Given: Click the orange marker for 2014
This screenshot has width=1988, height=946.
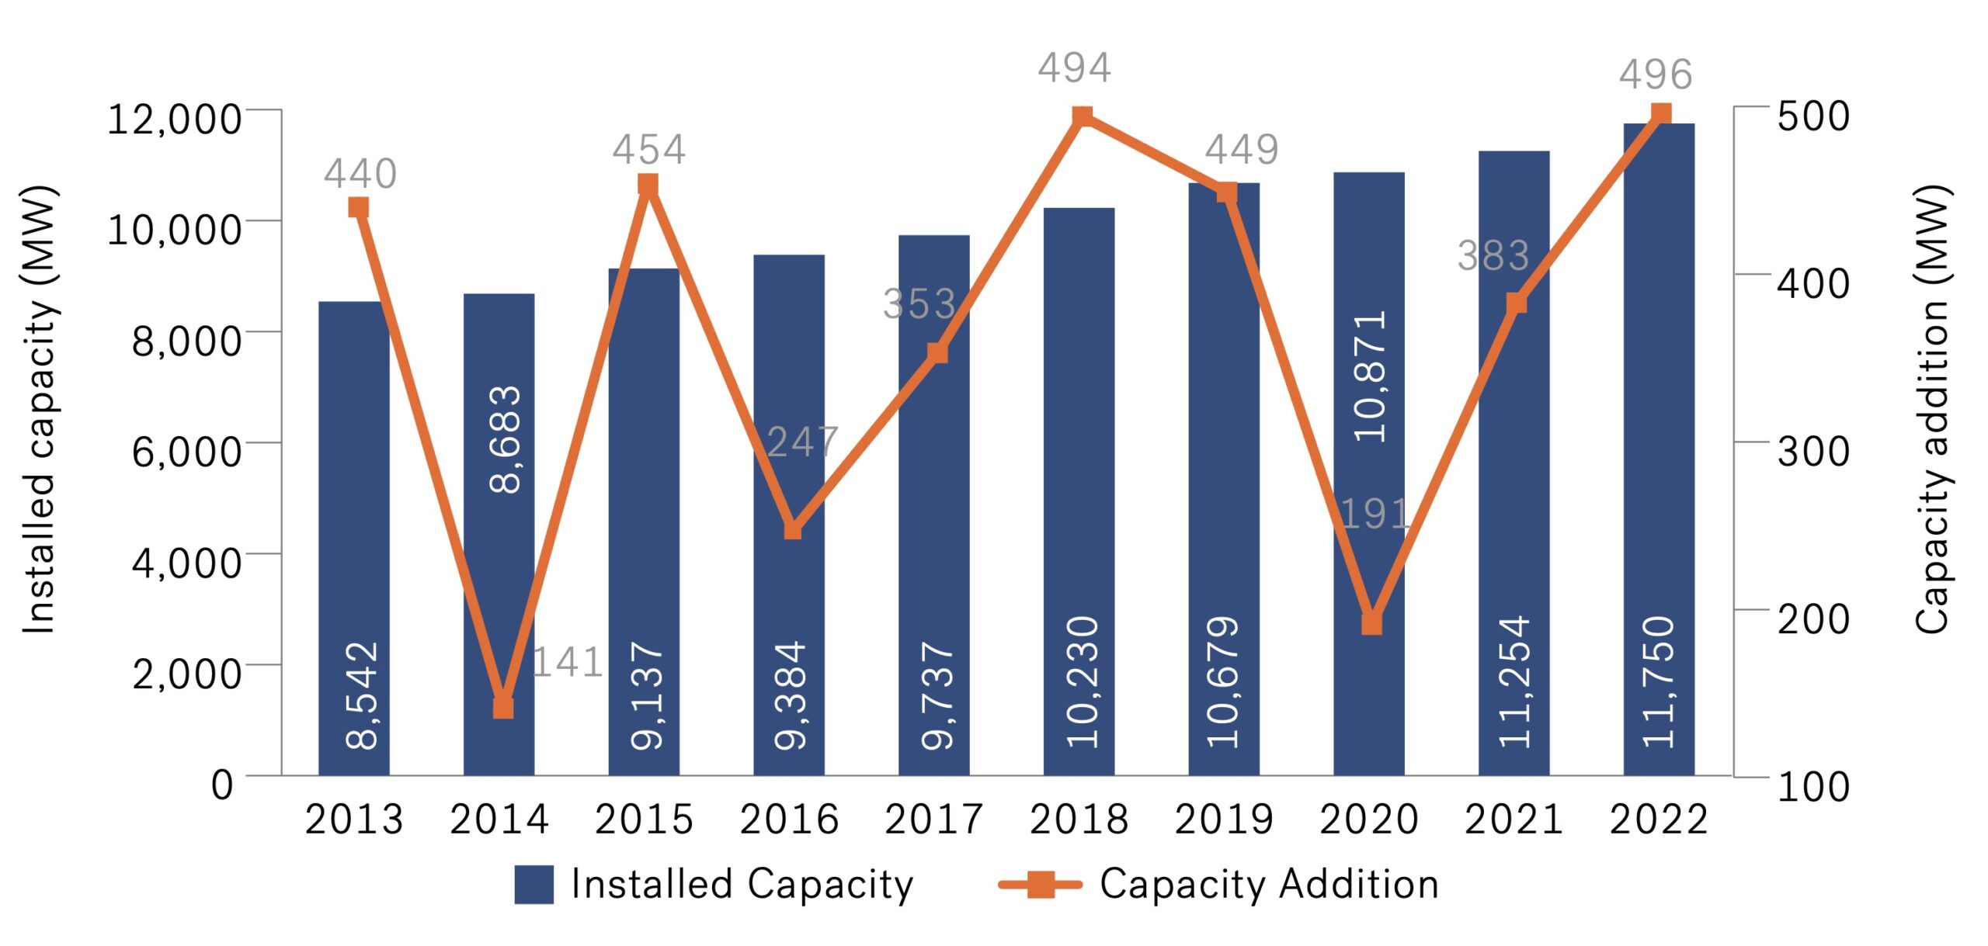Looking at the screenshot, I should coord(503,707).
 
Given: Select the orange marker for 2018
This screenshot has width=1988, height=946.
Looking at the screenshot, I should coord(1083,116).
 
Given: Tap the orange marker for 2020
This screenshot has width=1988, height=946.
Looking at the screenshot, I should coord(1372,624).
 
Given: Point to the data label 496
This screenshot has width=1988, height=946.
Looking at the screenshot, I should coord(1655,75).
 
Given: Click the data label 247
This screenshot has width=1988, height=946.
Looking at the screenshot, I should coord(802,442).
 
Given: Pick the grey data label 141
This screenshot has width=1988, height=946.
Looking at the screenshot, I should coord(568,662).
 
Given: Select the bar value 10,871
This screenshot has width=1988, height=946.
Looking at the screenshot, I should coord(1369,376).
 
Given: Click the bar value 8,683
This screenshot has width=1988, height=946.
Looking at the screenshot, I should coord(505,439).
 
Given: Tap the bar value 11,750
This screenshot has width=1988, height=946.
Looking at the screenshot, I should coord(1659,682).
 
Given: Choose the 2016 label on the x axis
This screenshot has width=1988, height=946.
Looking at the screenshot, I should coord(789,820).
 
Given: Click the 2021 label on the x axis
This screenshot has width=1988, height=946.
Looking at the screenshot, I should coord(1514,820).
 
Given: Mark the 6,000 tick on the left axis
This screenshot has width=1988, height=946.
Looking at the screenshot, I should coord(186,451).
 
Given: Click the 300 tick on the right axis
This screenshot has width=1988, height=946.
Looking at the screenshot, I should coord(1813,451).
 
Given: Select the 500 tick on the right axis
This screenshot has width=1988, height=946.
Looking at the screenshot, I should coord(1813,116).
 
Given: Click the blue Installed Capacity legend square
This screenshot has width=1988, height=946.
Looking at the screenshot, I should coord(533,885).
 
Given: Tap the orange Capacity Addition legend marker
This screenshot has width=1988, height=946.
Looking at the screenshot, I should coord(1040,884).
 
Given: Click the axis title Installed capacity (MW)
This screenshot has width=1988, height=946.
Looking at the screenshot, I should coord(39,410).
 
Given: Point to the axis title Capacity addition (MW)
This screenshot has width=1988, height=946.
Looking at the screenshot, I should coord(1932,410).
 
